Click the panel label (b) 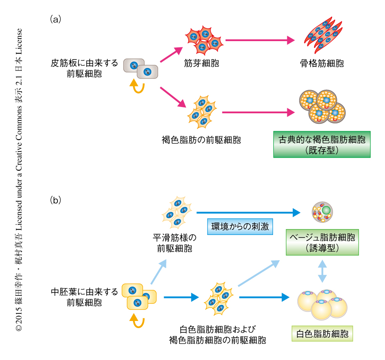(56, 200)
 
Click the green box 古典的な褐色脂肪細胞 (322, 145)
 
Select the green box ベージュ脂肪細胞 (322, 242)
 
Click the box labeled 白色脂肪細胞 (322, 334)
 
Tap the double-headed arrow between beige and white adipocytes (322, 271)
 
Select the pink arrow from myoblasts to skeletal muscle (260, 41)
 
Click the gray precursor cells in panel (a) (140, 68)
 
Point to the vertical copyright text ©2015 (19, 180)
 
